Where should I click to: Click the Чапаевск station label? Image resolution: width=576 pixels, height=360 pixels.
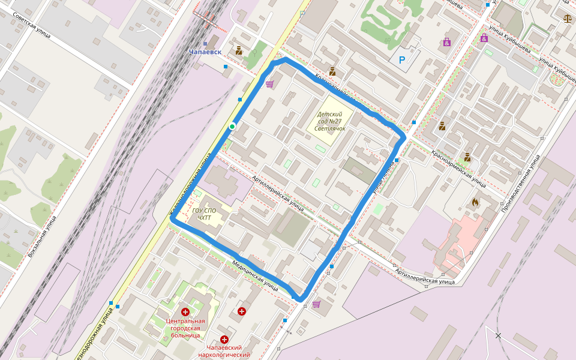click(205, 52)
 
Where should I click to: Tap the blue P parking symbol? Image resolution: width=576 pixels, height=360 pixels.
click(402, 60)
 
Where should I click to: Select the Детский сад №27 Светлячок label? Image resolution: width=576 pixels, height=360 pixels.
click(329, 121)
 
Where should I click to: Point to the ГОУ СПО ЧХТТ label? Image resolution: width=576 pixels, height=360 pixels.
click(204, 214)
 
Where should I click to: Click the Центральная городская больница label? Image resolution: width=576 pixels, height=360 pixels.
click(185, 328)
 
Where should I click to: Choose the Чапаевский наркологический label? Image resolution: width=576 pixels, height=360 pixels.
click(224, 351)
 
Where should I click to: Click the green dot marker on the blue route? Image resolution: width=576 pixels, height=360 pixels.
click(232, 127)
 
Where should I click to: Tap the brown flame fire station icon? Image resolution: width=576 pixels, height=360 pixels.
click(476, 202)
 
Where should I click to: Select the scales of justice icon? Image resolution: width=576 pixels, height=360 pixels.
click(568, 18)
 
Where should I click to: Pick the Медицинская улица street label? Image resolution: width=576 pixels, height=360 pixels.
click(255, 275)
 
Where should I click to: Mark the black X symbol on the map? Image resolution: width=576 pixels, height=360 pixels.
click(498, 335)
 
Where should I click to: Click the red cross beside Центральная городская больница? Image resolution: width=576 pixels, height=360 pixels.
click(185, 312)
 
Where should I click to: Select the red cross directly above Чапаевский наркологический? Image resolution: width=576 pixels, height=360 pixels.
click(225, 339)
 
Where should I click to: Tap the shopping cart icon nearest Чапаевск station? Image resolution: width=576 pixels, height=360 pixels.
click(270, 84)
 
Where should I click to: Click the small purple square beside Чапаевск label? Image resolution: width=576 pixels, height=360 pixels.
click(205, 44)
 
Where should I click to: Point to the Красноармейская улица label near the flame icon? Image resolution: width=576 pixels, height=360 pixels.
click(459, 168)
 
